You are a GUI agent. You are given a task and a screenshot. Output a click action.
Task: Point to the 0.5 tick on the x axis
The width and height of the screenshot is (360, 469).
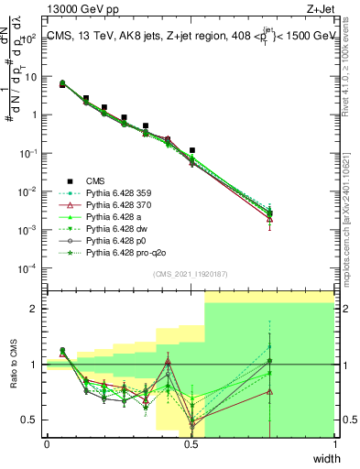coord(191,444)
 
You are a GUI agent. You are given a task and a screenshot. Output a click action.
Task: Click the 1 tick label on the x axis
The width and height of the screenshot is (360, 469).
coord(334,444)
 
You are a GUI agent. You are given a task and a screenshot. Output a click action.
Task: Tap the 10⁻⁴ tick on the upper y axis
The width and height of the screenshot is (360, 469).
coord(30,267)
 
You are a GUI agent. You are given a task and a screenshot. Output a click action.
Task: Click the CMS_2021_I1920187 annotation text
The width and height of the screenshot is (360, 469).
coord(190,274)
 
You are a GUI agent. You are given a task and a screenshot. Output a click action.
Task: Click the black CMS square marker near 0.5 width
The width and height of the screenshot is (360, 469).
coord(192,149)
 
